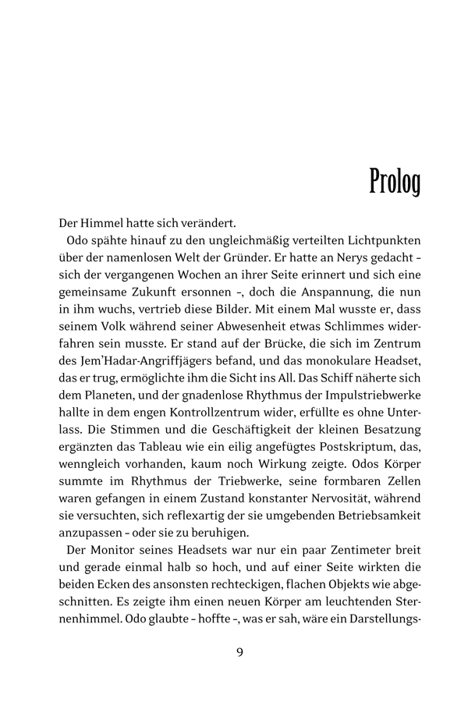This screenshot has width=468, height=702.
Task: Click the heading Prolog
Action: tap(394, 181)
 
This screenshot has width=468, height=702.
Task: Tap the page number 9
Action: tap(239, 652)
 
